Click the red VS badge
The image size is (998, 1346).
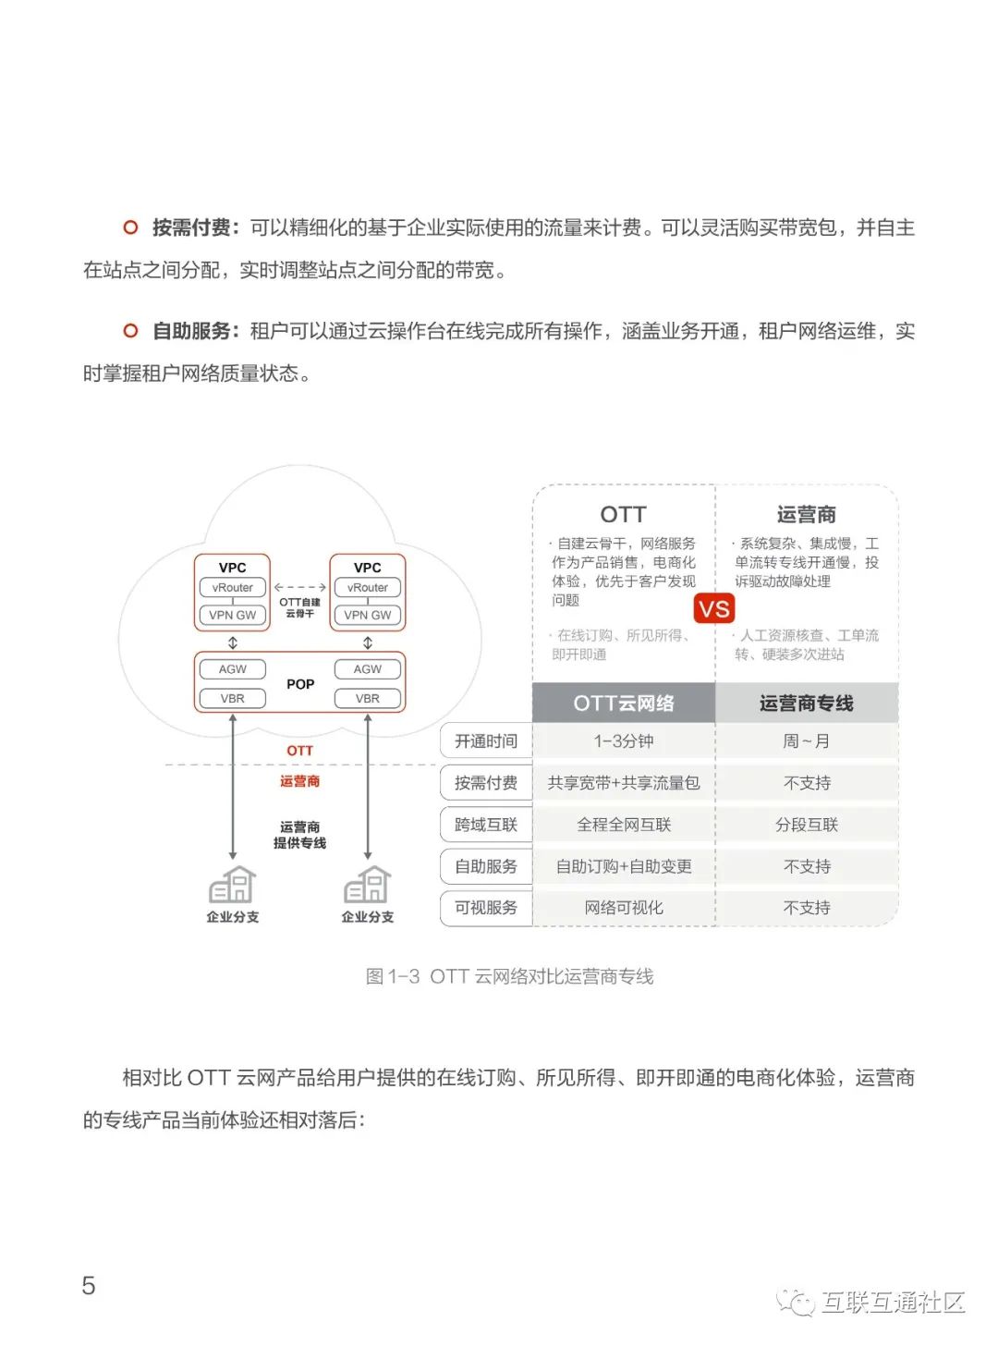[714, 608]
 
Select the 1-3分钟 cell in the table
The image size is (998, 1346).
[624, 741]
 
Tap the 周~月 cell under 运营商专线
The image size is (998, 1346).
[807, 741]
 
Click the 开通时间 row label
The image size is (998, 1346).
[486, 741]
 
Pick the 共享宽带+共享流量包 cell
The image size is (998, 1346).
[624, 783]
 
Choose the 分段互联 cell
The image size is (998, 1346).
[807, 825]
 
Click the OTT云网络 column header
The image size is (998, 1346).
[624, 704]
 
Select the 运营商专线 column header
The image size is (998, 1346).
[807, 704]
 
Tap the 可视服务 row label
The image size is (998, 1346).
[486, 908]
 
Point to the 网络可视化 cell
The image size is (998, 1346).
[624, 908]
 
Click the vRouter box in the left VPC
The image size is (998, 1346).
[233, 588]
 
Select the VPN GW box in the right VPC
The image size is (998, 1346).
[368, 615]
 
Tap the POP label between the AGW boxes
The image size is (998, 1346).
[300, 684]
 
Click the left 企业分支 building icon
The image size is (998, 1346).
[233, 886]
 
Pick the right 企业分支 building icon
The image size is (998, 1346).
[368, 886]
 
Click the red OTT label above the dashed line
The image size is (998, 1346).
[299, 751]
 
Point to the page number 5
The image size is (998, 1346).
[89, 1286]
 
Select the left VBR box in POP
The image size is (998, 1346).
[233, 699]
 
